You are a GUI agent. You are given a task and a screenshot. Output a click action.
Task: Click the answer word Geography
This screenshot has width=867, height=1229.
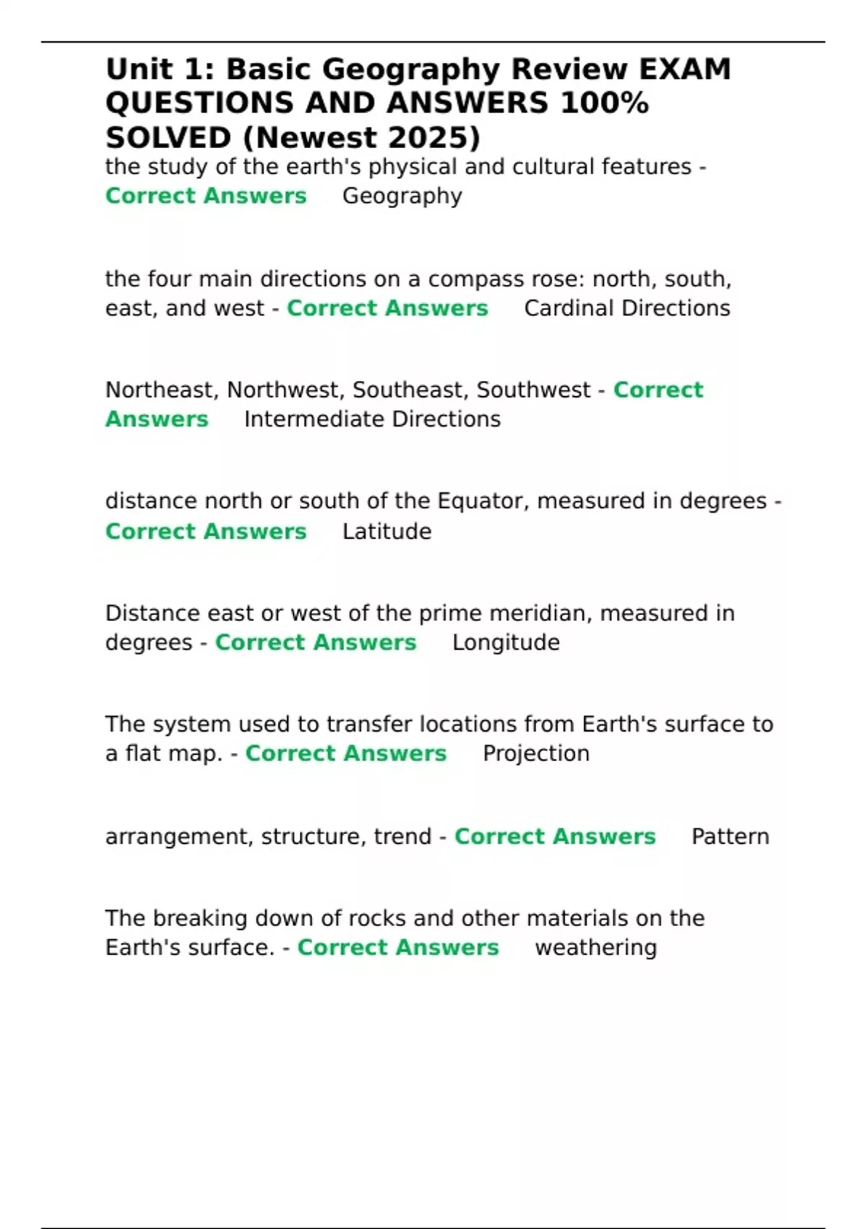[402, 196]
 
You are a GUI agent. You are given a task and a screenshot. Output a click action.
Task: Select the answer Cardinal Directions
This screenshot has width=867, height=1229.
[626, 308]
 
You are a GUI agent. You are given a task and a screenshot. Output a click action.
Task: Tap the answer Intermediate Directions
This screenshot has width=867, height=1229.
[372, 419]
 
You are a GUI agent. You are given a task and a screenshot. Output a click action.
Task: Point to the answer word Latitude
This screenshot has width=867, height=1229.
[387, 531]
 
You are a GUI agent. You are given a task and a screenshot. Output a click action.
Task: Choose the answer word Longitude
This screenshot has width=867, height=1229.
[506, 643]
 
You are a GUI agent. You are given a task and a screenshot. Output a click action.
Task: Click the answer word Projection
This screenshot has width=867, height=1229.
[535, 753]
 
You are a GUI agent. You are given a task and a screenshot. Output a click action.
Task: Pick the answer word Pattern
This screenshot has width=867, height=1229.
[730, 836]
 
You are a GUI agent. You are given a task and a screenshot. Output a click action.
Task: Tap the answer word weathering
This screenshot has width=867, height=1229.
[595, 948]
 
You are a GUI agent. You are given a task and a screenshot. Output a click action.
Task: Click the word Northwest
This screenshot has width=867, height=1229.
[286, 390]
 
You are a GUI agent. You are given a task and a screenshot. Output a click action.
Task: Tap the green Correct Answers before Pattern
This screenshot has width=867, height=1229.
[554, 836]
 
